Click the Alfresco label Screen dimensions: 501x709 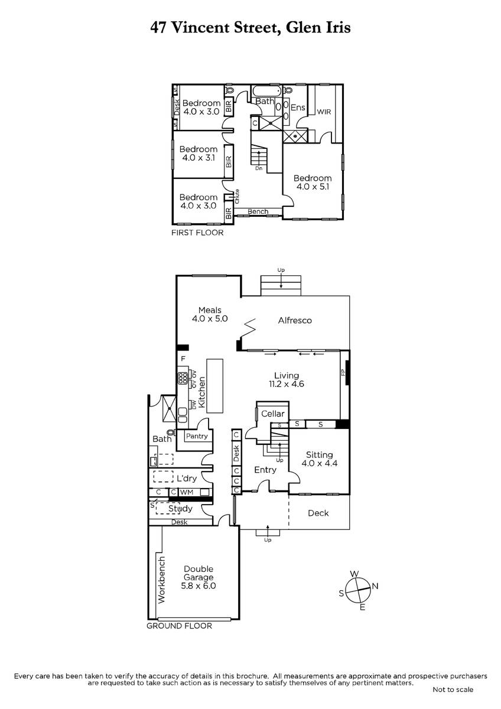pos(295,320)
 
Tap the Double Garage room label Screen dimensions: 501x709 pos(199,573)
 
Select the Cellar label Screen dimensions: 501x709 pos(272,414)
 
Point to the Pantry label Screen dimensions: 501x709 pos(197,436)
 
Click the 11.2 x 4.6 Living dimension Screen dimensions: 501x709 pos(287,384)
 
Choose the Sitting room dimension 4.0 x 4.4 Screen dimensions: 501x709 pos(320,463)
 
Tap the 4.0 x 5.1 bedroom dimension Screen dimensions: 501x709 pos(313,187)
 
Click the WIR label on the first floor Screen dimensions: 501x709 pos(324,112)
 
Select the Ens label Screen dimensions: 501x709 pos(298,108)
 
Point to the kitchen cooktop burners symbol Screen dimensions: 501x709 pos(183,378)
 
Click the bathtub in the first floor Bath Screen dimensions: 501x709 pos(267,91)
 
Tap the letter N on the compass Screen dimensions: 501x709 pos(375,586)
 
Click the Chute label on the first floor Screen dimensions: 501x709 pos(237,196)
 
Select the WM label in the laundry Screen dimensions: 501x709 pos(187,492)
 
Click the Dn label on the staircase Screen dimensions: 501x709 pos(259,168)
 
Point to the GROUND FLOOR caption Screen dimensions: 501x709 pos(179,626)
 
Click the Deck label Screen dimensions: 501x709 pos(318,513)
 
